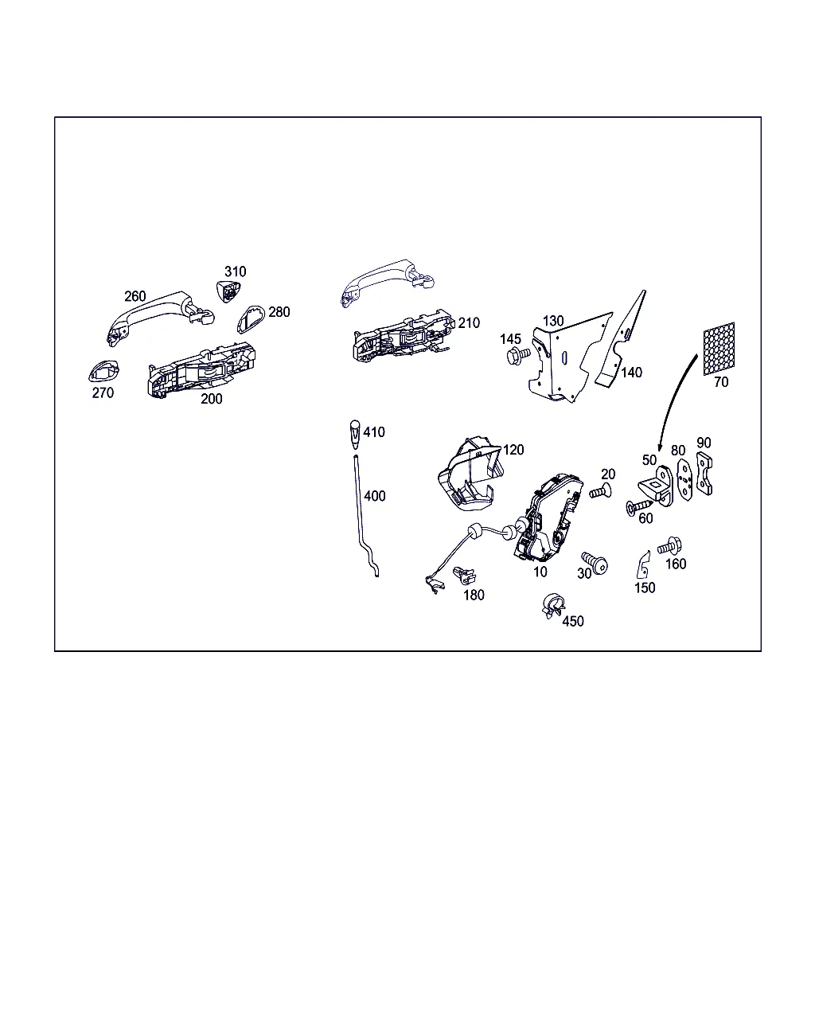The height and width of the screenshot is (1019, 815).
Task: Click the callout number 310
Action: coord(235,271)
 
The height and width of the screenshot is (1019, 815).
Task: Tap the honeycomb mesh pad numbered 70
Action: coord(719,349)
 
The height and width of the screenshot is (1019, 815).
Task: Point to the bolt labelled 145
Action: coord(518,356)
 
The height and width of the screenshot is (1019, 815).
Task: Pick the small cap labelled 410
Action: coord(355,434)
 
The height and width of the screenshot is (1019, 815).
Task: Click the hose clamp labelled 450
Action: coord(553,605)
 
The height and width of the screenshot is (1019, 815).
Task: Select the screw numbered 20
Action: coord(600,491)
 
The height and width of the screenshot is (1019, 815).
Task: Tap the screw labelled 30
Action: coord(595,562)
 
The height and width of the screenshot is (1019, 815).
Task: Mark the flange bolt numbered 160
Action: coord(669,546)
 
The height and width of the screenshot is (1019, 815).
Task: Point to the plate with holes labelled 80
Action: coord(684,480)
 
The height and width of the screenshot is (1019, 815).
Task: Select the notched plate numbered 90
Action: coord(704,474)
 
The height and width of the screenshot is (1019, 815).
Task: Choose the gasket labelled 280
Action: coord(251,319)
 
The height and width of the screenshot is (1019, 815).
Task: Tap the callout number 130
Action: coord(553,321)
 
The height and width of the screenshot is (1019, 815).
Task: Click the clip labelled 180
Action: coord(464,576)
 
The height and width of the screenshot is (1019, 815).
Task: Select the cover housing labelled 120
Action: coord(470,474)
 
